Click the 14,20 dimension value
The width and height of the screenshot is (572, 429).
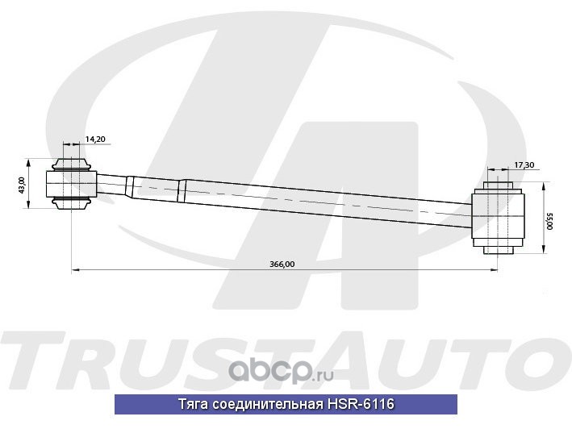pos(95,140)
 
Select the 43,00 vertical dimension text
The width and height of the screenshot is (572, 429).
pos(23,184)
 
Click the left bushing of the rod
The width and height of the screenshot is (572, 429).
pos(72,184)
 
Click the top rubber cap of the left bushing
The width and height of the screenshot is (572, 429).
pos(72,164)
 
